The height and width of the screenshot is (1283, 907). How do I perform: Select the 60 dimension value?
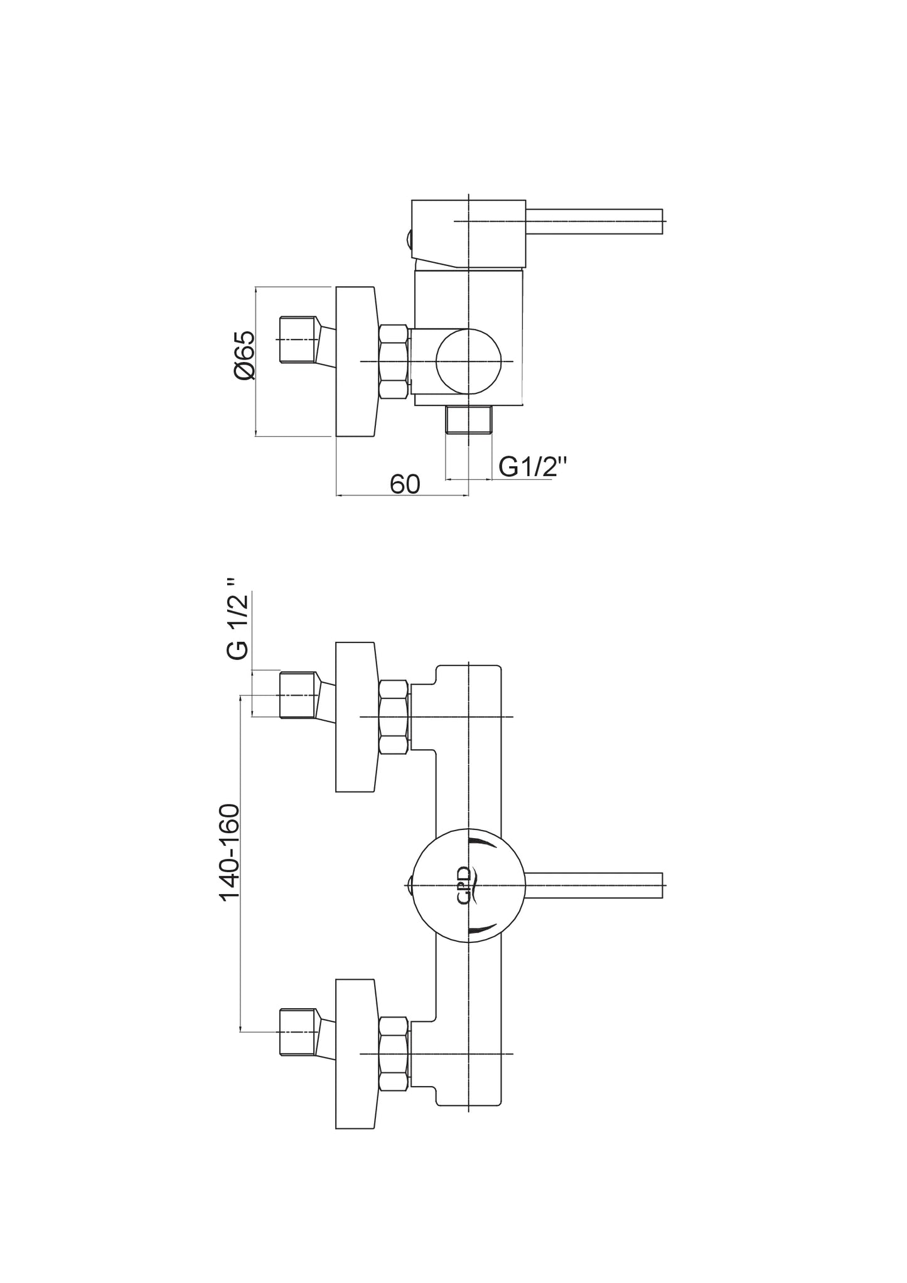[405, 484]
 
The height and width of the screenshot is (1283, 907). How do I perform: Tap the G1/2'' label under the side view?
[533, 467]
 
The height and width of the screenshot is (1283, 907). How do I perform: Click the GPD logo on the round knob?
[464, 885]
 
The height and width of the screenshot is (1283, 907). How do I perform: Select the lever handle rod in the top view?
[593, 221]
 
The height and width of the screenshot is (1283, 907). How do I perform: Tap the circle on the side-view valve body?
[469, 361]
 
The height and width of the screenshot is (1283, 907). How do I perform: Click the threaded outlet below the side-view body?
[468, 420]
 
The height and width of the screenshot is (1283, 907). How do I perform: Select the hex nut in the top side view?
[394, 361]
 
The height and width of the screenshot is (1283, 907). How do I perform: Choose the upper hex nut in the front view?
[394, 716]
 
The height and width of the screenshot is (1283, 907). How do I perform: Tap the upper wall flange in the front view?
[356, 716]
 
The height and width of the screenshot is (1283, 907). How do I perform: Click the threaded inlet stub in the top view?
[298, 339]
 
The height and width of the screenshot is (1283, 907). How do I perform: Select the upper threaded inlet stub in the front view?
[298, 695]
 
